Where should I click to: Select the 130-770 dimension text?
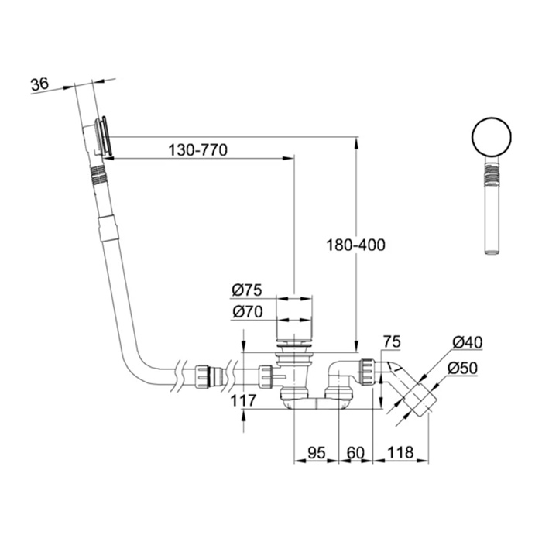click(x=197, y=151)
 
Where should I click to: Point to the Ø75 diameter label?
click(x=247, y=290)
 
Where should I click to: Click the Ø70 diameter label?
click(x=247, y=313)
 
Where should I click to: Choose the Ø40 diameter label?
click(x=468, y=341)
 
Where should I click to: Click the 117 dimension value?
click(x=244, y=400)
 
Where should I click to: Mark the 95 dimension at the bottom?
click(x=315, y=451)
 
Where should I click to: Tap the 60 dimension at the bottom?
click(x=356, y=451)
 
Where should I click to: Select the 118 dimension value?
click(x=400, y=451)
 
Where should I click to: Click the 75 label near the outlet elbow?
click(x=391, y=341)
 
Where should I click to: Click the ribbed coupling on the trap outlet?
click(x=367, y=372)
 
